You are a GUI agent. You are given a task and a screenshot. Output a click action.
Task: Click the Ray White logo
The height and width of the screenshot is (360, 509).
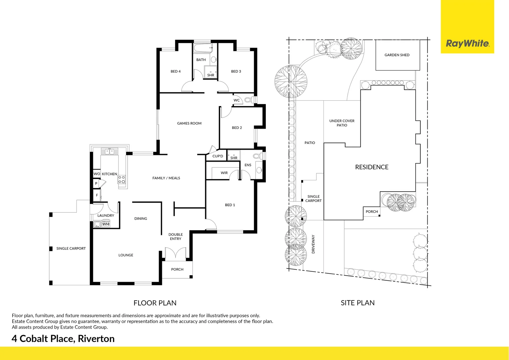(x=467, y=44)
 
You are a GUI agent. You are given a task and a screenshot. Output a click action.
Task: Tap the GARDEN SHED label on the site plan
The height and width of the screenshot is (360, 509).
(x=397, y=55)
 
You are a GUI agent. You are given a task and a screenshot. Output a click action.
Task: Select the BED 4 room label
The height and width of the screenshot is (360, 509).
(x=176, y=71)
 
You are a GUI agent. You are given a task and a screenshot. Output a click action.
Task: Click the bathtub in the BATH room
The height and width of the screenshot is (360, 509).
(x=203, y=48)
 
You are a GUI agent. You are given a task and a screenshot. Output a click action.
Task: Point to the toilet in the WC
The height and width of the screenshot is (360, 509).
(x=249, y=100)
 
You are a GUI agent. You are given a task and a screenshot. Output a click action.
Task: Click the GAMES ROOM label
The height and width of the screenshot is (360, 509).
(x=189, y=123)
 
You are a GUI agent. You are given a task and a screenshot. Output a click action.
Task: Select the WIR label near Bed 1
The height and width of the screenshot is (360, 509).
(x=224, y=173)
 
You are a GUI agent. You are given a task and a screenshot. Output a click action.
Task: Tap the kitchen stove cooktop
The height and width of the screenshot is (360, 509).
(x=122, y=180)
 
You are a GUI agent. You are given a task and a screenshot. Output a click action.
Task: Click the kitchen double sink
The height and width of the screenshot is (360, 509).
(x=110, y=152)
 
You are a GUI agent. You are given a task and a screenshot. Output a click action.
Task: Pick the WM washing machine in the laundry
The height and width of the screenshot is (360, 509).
(x=106, y=224)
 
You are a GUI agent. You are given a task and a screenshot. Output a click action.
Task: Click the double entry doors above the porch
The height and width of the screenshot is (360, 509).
(x=176, y=254)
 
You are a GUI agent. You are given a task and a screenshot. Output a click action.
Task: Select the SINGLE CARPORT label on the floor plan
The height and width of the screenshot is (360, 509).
(x=71, y=248)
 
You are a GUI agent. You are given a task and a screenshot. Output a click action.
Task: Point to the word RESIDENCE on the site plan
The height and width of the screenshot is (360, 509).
(x=372, y=167)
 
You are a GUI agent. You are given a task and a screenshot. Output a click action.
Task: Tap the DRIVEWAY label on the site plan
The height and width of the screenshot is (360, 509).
(x=313, y=244)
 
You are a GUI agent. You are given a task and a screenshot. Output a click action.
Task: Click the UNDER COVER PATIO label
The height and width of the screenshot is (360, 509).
(x=342, y=123)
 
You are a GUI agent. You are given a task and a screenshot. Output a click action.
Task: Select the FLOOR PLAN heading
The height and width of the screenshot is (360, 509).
(x=155, y=303)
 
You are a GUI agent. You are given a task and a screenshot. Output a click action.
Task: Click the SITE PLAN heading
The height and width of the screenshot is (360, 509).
(x=357, y=303)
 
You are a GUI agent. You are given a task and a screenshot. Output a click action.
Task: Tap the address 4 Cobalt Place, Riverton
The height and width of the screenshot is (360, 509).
(x=63, y=339)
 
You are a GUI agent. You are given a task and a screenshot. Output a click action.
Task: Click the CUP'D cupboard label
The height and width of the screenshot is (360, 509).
(x=218, y=156)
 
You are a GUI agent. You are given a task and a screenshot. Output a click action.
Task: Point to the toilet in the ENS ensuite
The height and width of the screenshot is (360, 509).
(x=257, y=156)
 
